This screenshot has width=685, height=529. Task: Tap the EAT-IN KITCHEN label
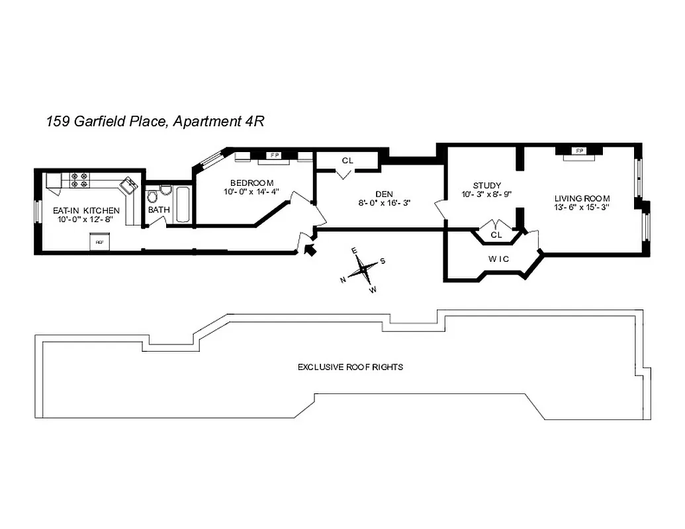87,210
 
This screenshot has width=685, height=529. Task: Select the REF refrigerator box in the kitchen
100,243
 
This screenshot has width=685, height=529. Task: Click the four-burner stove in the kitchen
79,181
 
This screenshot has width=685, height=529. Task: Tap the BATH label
158,210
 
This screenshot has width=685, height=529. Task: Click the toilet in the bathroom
152,196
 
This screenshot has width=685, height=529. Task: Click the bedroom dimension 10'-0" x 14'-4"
252,192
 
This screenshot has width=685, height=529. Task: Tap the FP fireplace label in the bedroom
273,155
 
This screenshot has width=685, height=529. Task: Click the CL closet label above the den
347,161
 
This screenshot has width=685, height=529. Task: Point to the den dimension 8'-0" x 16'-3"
375,203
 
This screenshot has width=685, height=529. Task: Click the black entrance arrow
308,249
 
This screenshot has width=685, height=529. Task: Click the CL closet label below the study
496,235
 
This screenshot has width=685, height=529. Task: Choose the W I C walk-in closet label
499,259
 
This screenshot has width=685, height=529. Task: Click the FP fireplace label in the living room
580,151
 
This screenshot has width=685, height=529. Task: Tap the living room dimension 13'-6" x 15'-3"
582,207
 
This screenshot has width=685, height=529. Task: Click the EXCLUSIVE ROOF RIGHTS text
350,366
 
